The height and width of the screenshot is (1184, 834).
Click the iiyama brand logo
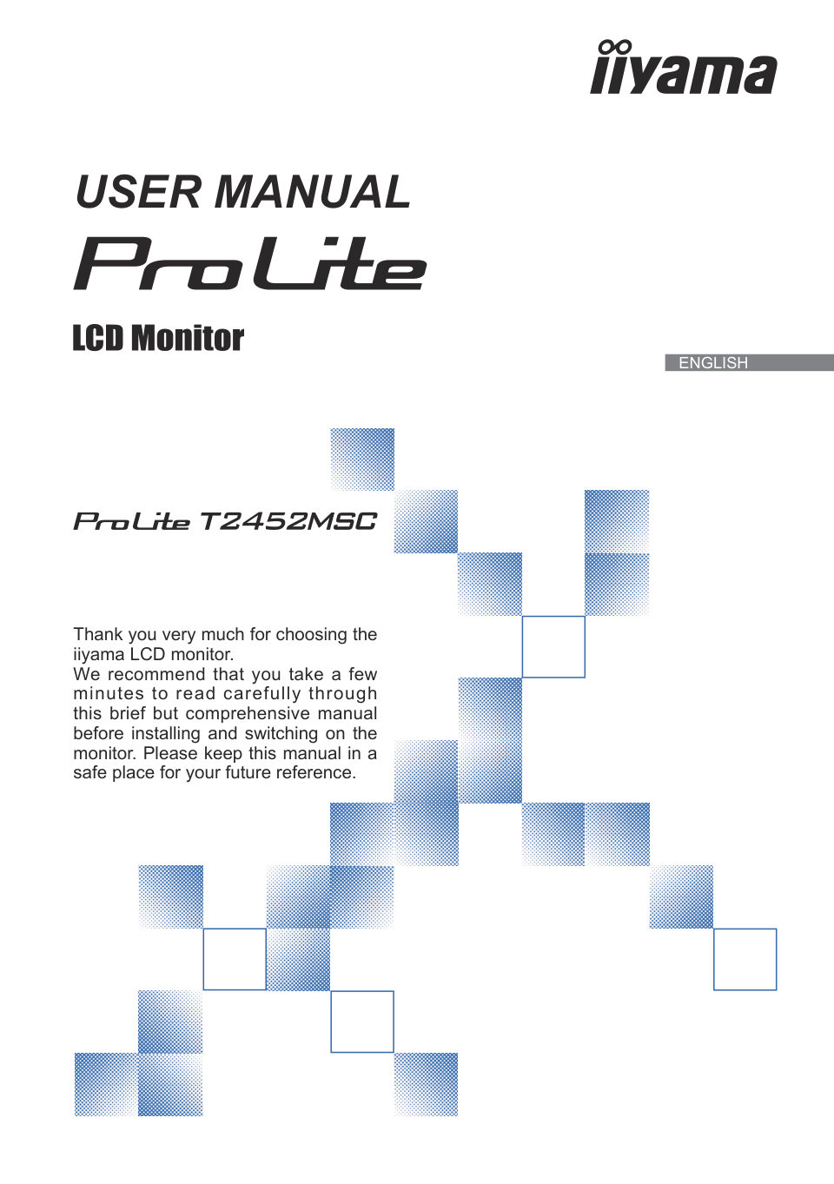pos(684,67)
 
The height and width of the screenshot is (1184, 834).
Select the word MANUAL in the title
pos(313,191)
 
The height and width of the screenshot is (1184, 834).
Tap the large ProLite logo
pos(249,263)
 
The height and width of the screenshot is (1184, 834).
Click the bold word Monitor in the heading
pos(188,338)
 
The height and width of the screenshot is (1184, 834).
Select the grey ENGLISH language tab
pos(750,362)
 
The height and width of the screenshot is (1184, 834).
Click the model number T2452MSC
pos(288,521)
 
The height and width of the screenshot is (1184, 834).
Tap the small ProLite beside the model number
pos(131,521)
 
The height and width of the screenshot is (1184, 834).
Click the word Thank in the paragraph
pos(98,634)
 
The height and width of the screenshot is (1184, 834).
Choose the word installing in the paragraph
pos(166,734)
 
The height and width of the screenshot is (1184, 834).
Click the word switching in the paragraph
pos(281,734)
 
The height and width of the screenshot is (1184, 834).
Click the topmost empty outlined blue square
pos(553,646)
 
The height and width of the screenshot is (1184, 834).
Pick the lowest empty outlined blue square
pos(362,1022)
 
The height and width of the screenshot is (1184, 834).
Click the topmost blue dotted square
pos(362,460)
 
